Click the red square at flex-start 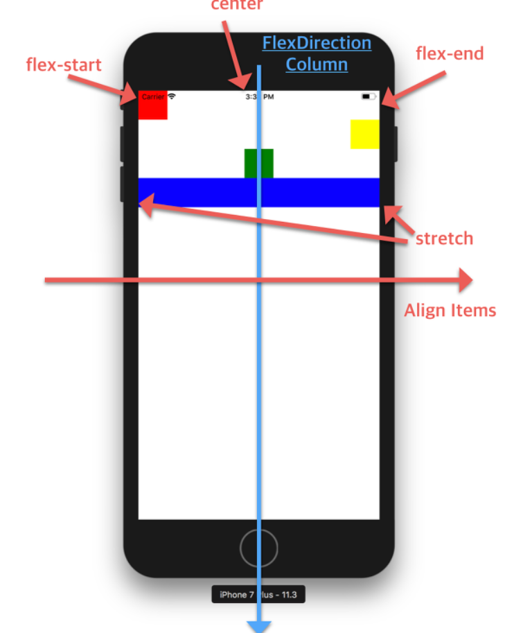152,109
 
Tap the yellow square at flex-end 364,134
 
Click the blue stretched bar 319,192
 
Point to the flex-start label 64,65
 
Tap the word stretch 444,239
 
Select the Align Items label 450,310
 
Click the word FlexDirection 317,43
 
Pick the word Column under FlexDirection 317,64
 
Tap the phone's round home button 259,548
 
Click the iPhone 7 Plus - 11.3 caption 258,594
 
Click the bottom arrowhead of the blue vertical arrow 259,625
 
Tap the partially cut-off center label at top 237,6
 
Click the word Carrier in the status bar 153,96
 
